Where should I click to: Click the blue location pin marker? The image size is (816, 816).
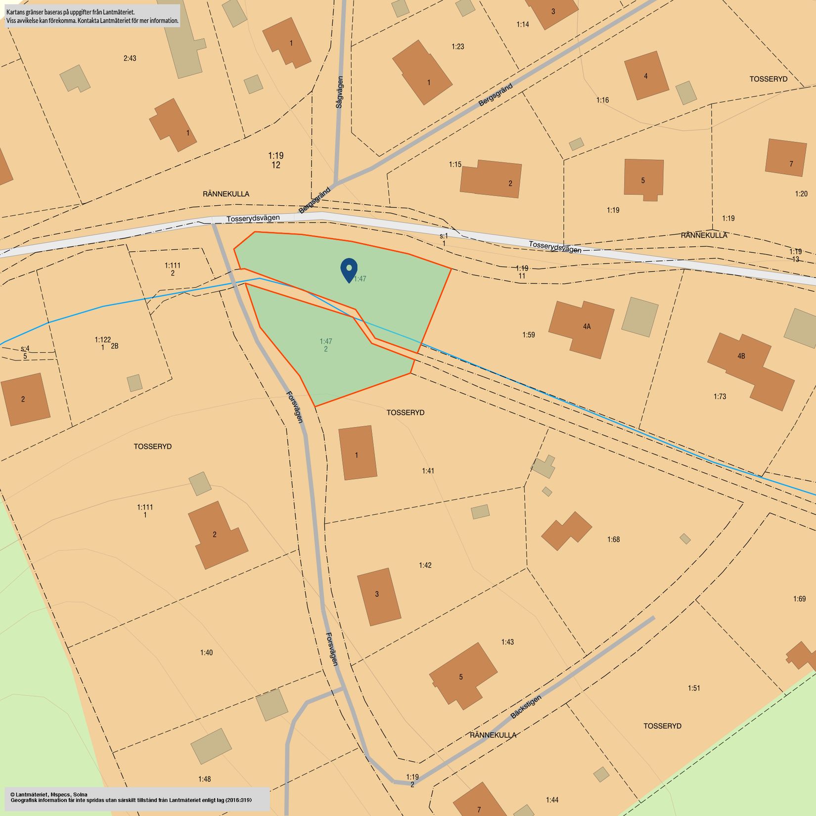349,270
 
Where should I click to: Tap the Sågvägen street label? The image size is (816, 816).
339,92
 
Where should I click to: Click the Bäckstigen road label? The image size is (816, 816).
526,707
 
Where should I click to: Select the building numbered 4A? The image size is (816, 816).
583,327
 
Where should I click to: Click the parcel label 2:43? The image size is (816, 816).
130,58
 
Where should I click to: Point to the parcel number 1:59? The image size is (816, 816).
529,335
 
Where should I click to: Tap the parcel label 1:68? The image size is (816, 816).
613,540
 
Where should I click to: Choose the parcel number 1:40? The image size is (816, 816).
206,653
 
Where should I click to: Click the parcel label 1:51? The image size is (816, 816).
694,688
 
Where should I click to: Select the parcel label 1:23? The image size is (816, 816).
457,47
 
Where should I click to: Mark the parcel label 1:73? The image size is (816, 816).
720,397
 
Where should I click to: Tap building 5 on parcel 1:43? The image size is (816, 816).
462,676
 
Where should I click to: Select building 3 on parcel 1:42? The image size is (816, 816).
378,596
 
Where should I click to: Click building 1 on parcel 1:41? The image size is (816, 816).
357,453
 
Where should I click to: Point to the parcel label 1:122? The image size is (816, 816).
102,340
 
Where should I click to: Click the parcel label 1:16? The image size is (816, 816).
602,100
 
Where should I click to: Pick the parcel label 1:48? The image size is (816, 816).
204,779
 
